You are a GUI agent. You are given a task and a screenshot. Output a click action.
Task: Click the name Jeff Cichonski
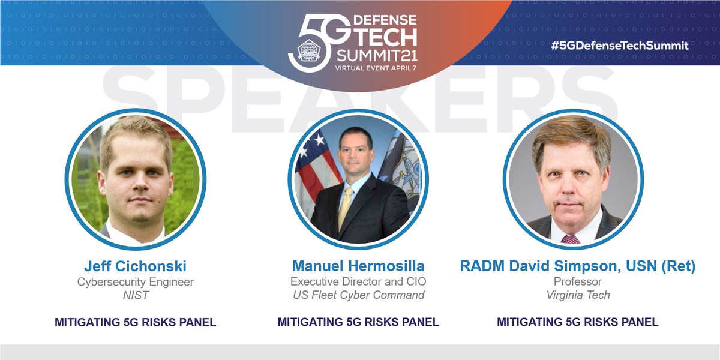pyautogui.click(x=135, y=266)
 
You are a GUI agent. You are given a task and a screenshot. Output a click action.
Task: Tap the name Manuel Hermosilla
pyautogui.click(x=358, y=266)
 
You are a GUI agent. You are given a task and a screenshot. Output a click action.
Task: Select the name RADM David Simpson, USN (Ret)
pyautogui.click(x=577, y=266)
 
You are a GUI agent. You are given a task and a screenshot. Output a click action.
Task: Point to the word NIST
pyautogui.click(x=135, y=295)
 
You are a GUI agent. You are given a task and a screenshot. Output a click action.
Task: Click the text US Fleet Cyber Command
pyautogui.click(x=358, y=295)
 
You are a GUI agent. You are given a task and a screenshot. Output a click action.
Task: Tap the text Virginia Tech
pyautogui.click(x=577, y=295)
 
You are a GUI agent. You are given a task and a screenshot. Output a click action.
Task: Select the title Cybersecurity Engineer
pyautogui.click(x=135, y=281)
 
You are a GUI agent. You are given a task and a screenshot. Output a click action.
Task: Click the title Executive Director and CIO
pyautogui.click(x=358, y=281)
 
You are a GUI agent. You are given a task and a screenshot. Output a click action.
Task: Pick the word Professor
pyautogui.click(x=577, y=281)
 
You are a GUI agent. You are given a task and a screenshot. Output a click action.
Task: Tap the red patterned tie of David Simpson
pyautogui.click(x=571, y=239)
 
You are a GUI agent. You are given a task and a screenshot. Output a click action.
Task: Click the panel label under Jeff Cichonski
pyautogui.click(x=135, y=322)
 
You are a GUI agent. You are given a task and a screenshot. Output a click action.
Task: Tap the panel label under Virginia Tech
pyautogui.click(x=577, y=322)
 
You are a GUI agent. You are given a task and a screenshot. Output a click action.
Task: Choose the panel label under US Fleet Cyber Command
pyautogui.click(x=358, y=322)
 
